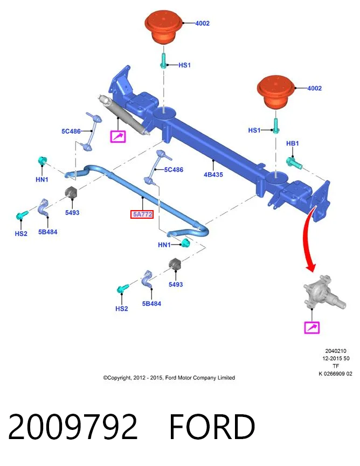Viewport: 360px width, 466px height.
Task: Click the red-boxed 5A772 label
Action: coord(142,214)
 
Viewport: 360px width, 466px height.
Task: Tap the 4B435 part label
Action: coord(213,175)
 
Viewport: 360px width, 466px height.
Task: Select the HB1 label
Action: coord(292,143)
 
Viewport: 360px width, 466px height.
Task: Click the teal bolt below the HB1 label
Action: coord(294,163)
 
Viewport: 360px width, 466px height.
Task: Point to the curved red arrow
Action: coord(306,238)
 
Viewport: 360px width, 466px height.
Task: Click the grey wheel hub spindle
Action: coord(324,293)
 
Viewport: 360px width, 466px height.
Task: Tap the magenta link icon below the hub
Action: coord(312,328)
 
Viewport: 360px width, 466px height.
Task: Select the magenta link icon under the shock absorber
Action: coord(118,136)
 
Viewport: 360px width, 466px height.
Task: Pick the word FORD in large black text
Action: coord(212,427)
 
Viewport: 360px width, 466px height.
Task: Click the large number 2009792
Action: coord(73,427)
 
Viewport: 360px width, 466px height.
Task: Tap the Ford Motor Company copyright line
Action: coord(169,378)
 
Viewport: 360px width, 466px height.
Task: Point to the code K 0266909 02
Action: coord(335,373)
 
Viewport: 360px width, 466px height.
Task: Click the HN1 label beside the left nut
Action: coord(41,179)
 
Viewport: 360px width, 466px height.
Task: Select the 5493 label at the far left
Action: coord(72,212)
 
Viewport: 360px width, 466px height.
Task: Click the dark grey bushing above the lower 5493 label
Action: coord(175,265)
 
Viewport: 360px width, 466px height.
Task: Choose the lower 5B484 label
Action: coord(151,303)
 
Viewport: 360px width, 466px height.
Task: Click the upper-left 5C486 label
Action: coord(71,131)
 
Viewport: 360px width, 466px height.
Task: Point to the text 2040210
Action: coord(336,351)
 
